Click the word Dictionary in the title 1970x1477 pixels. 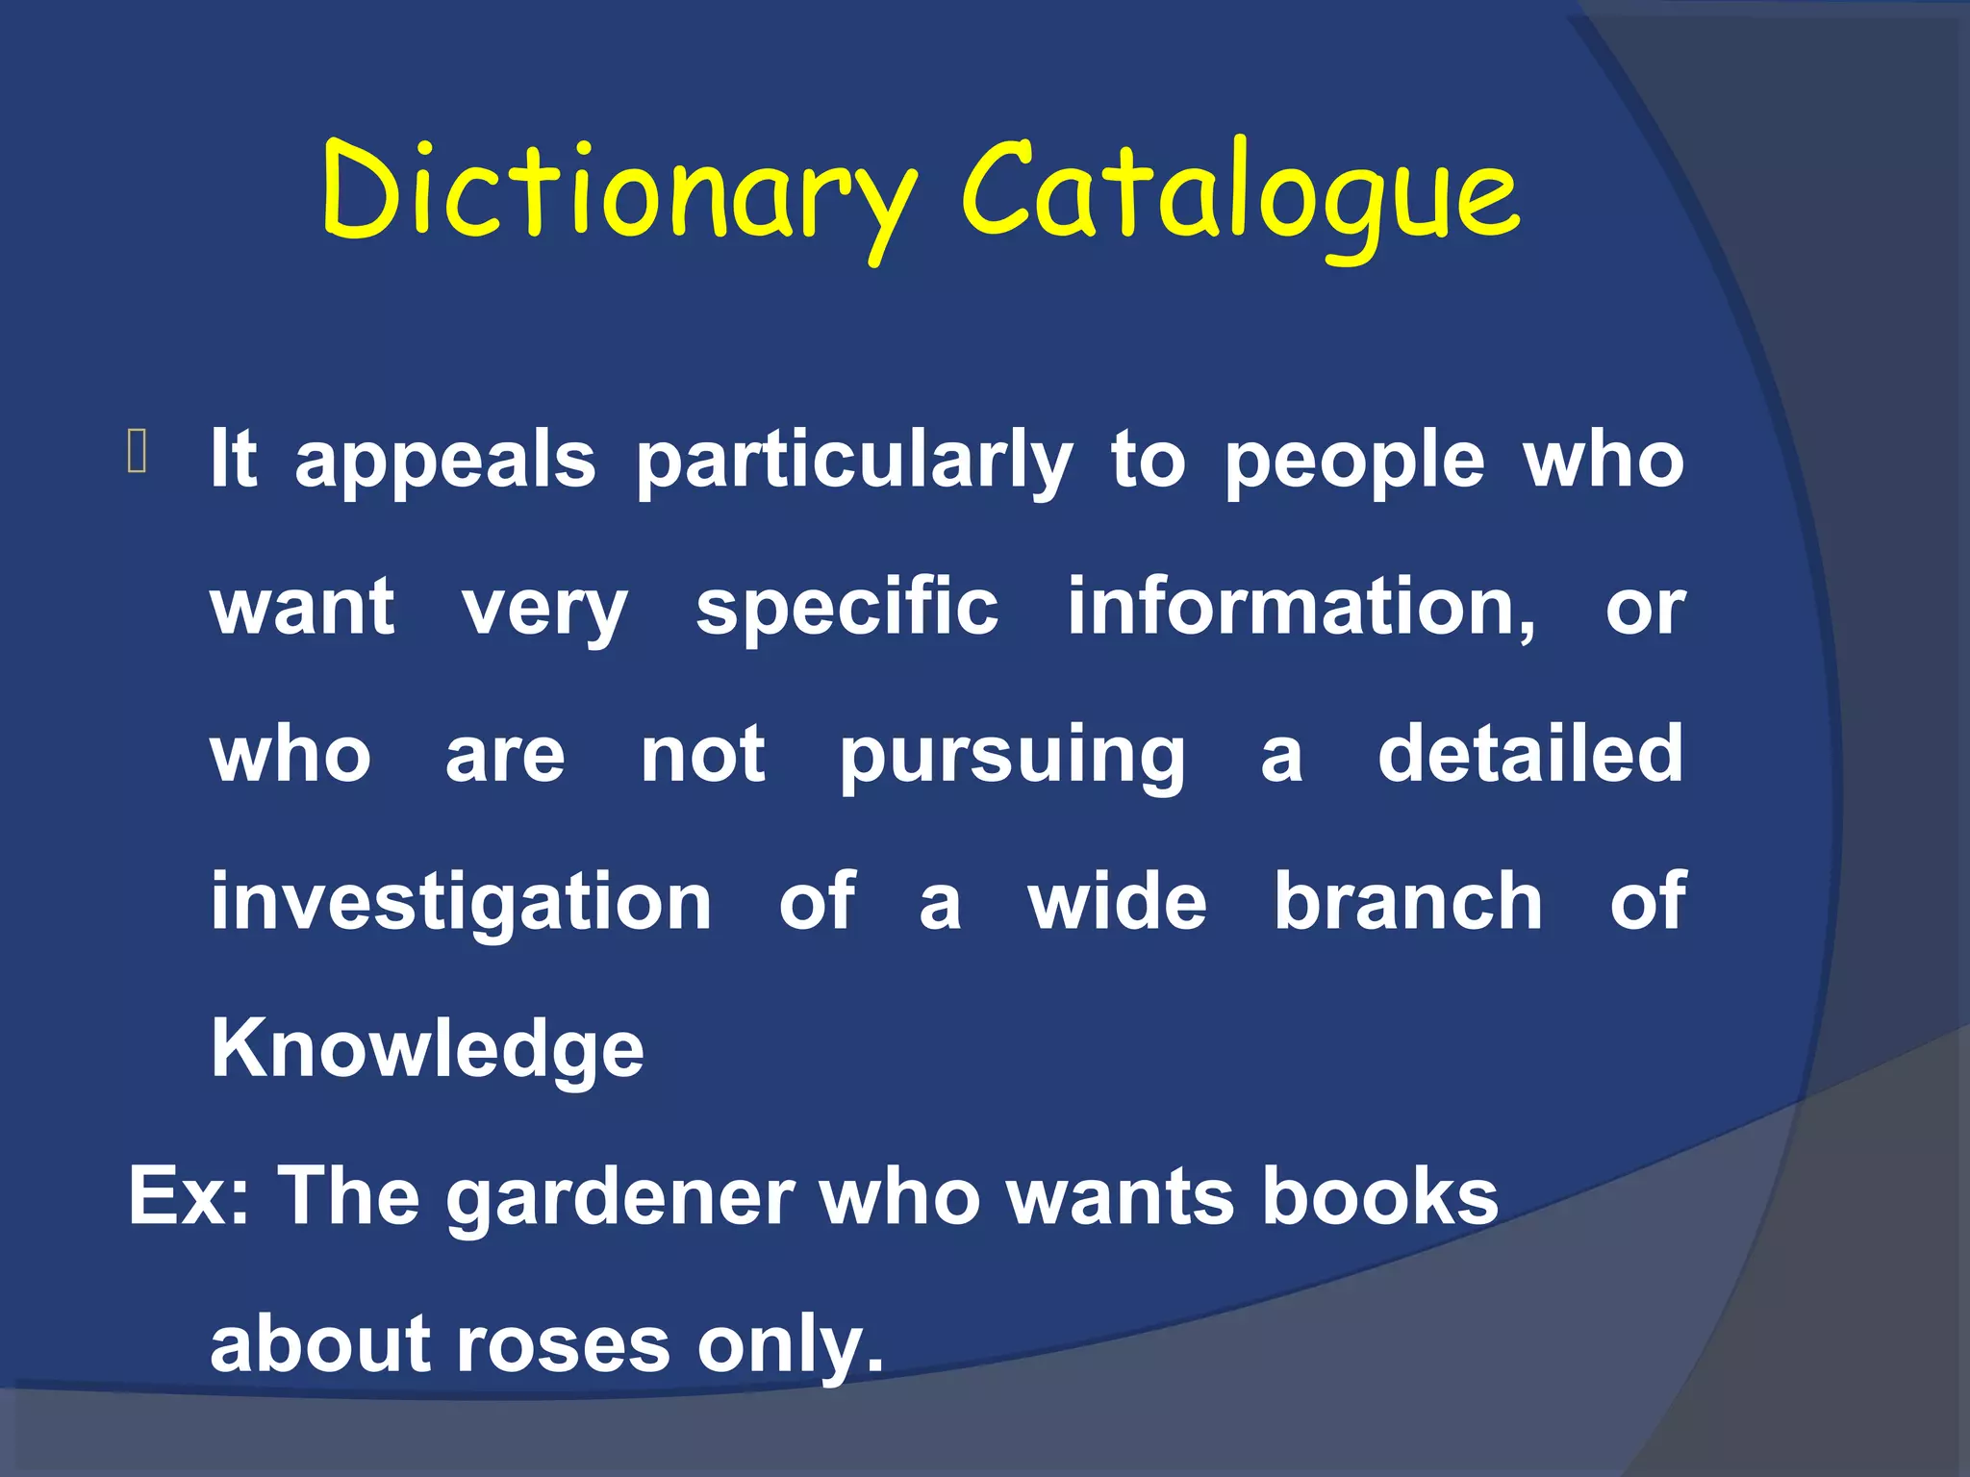619,192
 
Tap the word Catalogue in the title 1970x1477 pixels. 1241,192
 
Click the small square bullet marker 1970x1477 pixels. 137,452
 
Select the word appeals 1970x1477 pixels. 445,462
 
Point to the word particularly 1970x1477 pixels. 854,462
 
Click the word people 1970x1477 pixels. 1354,462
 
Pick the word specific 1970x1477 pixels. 847,609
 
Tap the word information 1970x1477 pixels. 1301,609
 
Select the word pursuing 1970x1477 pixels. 1013,757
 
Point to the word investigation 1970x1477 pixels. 462,904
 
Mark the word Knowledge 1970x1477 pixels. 427,1050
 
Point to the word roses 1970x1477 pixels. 563,1344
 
